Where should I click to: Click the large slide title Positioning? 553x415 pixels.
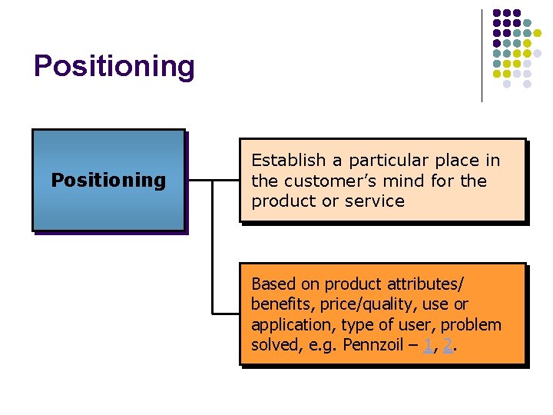click(114, 66)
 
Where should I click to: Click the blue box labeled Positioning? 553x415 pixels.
click(108, 180)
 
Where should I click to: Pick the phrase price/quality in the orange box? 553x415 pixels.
click(361, 304)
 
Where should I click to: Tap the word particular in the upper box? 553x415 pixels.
click(386, 161)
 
